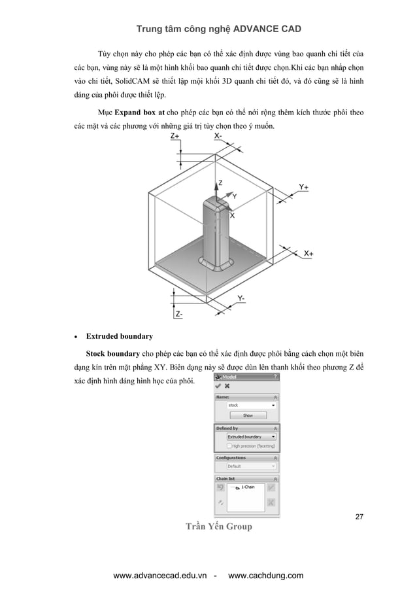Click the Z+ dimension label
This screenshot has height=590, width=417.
point(176,135)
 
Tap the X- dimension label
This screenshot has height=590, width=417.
point(218,135)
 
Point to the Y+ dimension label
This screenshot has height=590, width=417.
point(303,187)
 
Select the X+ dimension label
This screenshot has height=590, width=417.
point(309,252)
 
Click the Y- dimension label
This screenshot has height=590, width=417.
point(241,298)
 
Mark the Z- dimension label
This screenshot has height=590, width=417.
point(178,314)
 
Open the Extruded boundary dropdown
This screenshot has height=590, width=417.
point(250,436)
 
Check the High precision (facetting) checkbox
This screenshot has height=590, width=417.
point(229,445)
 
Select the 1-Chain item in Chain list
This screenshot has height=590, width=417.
point(248,487)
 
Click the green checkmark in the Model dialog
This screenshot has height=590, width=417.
point(218,386)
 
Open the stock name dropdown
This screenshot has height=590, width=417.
point(250,406)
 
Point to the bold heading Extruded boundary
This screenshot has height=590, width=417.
point(120,336)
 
